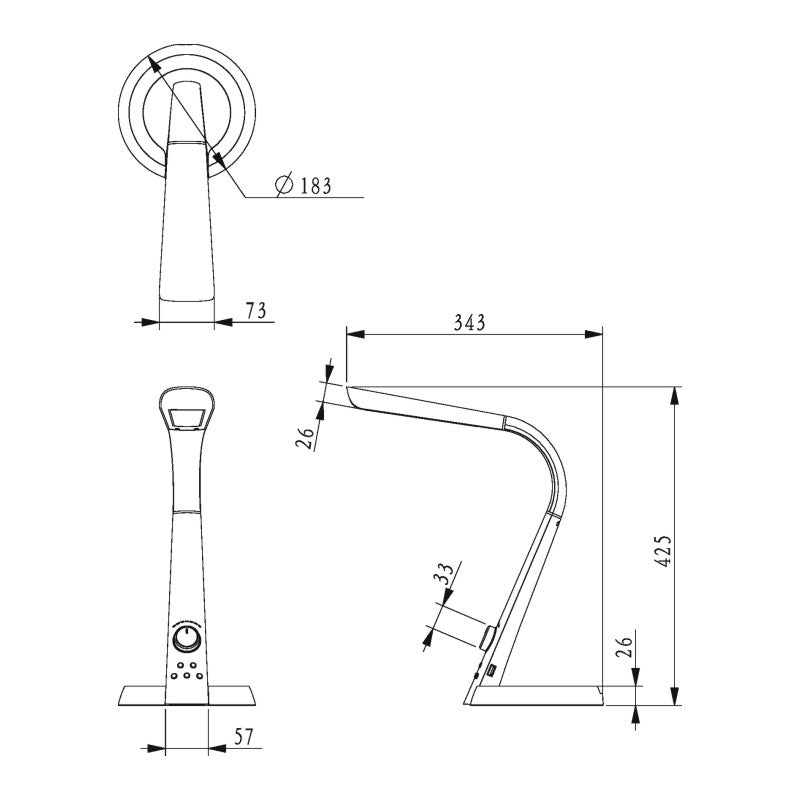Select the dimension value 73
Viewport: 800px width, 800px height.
256,311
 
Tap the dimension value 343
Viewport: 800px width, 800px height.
469,322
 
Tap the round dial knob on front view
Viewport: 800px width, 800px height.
186,639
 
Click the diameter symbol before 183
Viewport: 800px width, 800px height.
283,185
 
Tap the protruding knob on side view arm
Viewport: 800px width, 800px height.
490,636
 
